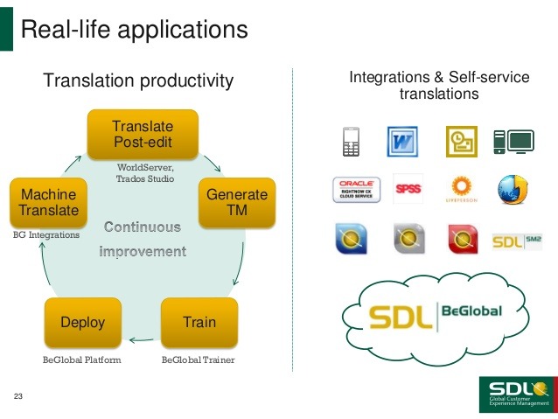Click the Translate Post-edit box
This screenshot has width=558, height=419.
[x=143, y=134]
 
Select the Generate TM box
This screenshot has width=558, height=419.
[x=236, y=203]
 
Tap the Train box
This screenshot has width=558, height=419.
[x=199, y=322]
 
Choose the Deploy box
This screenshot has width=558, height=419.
[x=82, y=322]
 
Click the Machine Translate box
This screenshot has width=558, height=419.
[x=49, y=203]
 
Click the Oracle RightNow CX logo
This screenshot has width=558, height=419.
[x=357, y=189]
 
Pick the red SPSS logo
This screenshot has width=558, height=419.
[x=408, y=189]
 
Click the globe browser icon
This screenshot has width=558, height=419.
[x=512, y=189]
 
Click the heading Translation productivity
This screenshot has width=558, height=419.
[x=138, y=81]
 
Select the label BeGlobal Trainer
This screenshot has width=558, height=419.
[x=199, y=360]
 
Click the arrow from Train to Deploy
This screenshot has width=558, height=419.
[x=141, y=339]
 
